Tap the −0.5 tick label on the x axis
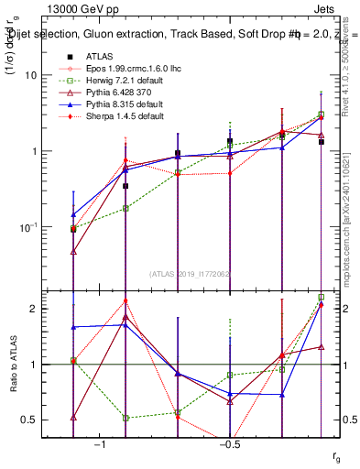229,444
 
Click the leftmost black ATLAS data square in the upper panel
73,229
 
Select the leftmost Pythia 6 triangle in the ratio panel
73,417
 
